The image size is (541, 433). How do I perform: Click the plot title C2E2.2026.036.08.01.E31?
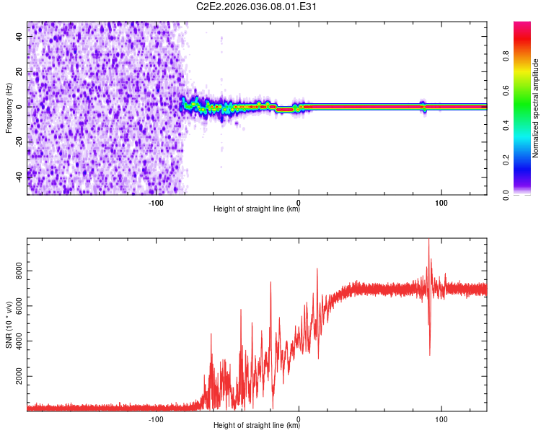257,6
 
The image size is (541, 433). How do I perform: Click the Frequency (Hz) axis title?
9,108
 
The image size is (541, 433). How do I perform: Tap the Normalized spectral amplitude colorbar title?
536,108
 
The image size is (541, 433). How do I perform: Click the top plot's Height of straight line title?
257,209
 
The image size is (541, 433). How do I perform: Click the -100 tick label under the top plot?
156,203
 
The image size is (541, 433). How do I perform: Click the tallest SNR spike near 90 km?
428,241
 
